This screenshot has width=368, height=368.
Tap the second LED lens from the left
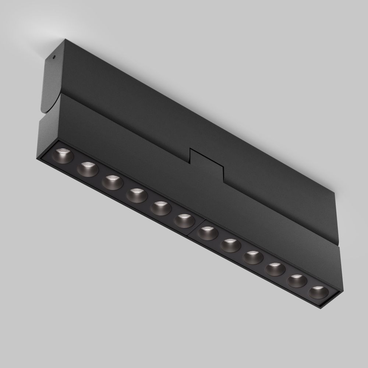pyautogui.click(x=87, y=167)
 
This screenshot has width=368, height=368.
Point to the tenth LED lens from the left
pyautogui.click(x=275, y=269)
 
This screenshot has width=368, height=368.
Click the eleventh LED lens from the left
pyautogui.click(x=297, y=281)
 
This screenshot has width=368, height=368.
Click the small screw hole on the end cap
pyautogui.click(x=54, y=57)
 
